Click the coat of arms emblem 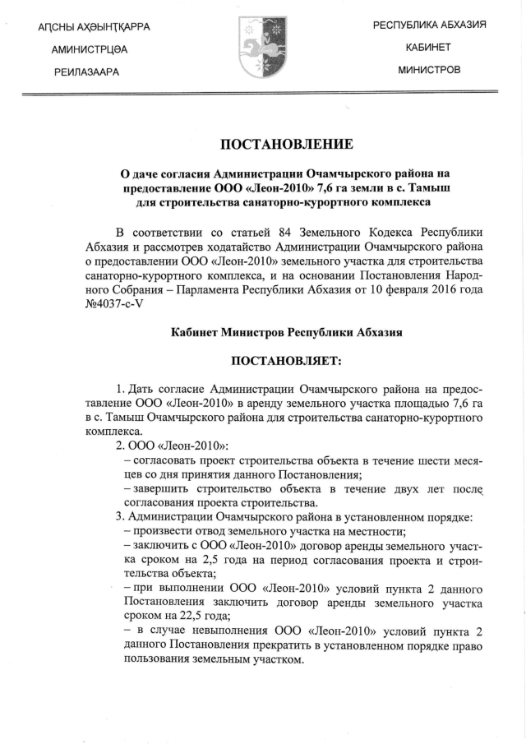point(262,49)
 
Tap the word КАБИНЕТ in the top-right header point(428,49)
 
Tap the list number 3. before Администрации point(121,517)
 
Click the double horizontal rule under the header point(263,95)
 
